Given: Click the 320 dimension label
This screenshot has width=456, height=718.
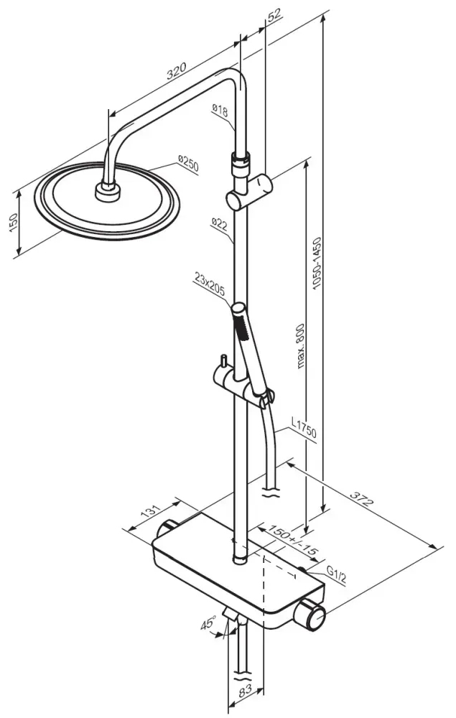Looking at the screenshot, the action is pos(176,71).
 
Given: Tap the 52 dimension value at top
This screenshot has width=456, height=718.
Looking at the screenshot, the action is pos(274,15).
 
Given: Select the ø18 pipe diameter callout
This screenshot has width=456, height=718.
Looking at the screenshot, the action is pos(220,110).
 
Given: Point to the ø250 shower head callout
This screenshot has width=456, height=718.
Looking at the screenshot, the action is pos(188,164).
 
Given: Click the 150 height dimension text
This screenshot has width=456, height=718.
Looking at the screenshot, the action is pos(14,223).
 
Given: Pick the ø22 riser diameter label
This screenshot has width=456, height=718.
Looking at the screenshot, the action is pos(220,224).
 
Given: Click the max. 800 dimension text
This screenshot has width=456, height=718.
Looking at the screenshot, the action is pos(300,346).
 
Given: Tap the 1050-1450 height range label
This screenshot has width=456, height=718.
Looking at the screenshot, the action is pos(317,263).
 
